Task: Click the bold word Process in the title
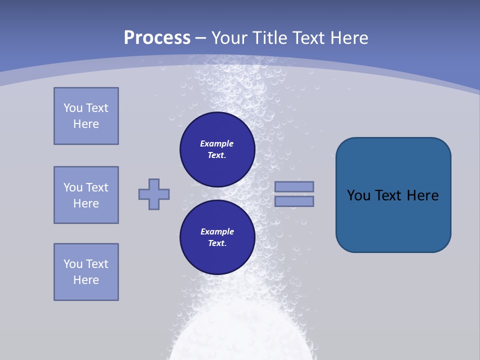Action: pos(157,38)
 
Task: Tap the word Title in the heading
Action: pos(270,38)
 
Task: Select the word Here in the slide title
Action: pos(348,38)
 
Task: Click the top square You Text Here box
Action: pos(86,116)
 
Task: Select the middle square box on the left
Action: pos(86,195)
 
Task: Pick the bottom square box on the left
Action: pos(86,272)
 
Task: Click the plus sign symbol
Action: pos(154,194)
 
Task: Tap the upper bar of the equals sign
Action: pos(294,186)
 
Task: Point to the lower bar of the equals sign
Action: pos(294,201)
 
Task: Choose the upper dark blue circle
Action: pos(217,149)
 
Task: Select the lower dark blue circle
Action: pos(217,237)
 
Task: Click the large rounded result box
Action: pos(393,195)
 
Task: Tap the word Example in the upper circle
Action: pos(217,143)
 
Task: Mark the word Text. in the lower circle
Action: pos(217,243)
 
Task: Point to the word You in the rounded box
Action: pos(358,195)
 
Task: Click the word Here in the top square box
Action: pos(86,124)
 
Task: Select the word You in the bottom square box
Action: pos(73,264)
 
